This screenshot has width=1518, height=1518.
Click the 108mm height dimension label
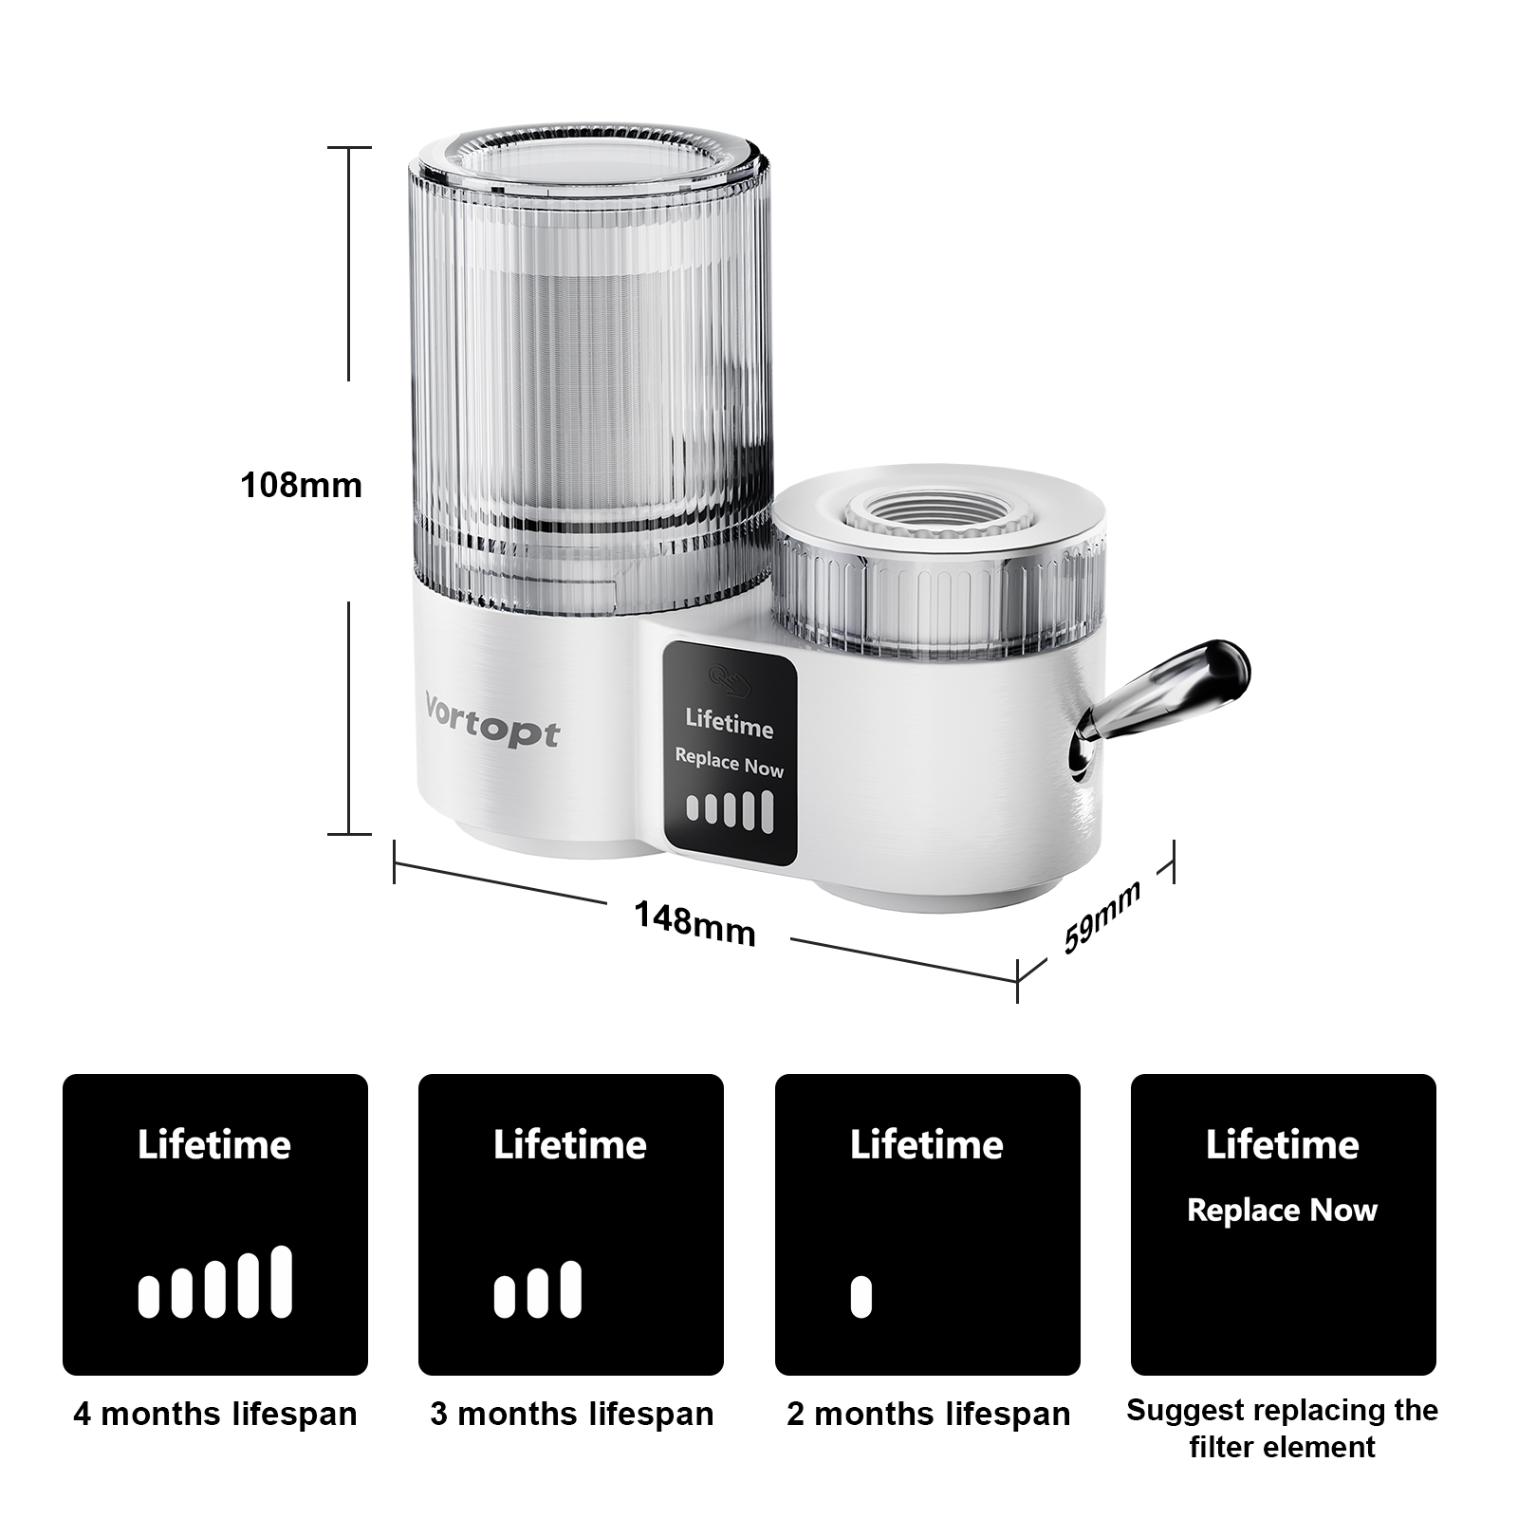(301, 486)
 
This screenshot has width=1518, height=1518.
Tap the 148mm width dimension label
(694, 924)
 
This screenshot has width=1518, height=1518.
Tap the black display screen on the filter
(729, 753)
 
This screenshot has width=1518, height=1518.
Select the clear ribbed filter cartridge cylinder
(588, 379)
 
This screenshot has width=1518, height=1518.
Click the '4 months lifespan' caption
(215, 1414)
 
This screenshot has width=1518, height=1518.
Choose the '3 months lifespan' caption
(571, 1414)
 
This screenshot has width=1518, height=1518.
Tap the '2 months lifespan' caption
(928, 1414)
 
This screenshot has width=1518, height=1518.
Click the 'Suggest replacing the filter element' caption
(1282, 1428)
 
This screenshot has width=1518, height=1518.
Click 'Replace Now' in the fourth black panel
(1282, 1211)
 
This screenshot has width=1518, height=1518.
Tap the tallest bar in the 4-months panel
(281, 1282)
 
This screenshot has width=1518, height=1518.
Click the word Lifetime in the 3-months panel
(570, 1145)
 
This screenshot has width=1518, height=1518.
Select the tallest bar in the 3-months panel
(570, 1289)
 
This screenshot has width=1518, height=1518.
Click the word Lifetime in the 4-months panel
(214, 1145)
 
